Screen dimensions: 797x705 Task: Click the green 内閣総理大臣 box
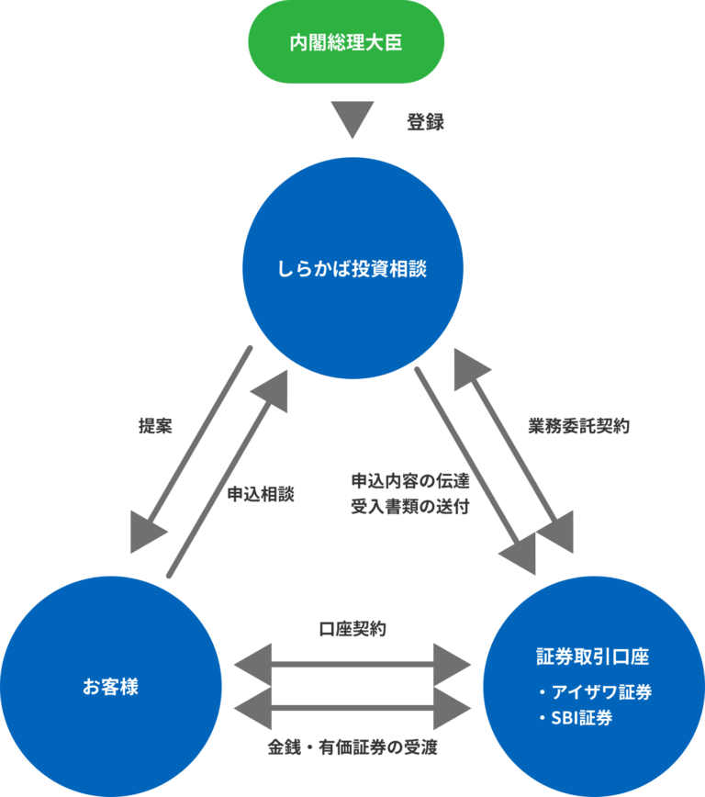(346, 43)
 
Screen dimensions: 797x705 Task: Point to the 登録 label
(426, 122)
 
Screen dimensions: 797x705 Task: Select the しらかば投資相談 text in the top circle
(352, 269)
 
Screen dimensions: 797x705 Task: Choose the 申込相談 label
(261, 492)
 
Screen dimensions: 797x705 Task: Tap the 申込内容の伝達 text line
(410, 480)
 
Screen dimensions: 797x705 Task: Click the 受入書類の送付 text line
(410, 506)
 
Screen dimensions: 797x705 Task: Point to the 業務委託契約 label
(578, 426)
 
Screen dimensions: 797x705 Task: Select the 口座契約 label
(352, 630)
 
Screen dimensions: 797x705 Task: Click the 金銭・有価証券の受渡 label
(352, 747)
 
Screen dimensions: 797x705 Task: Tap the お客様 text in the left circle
(110, 685)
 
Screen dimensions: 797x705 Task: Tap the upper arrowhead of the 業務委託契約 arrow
(472, 370)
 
